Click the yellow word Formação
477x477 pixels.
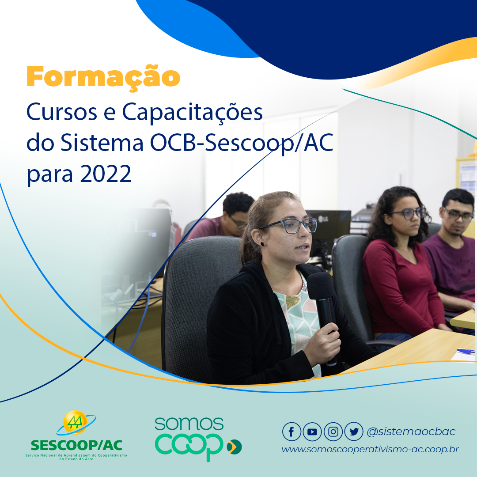coord(103,77)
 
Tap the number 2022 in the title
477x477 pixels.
coord(105,174)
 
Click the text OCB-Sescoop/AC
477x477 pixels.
coord(242,143)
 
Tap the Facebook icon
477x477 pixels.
coord(291,432)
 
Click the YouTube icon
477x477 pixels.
coord(312,432)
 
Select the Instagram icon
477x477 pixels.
coord(333,432)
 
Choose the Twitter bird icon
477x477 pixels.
coord(354,432)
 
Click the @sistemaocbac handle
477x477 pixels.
coord(411,432)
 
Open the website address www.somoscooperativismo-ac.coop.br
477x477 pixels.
coord(370,449)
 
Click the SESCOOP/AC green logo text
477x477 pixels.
coord(76,445)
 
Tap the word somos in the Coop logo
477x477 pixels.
coord(189,424)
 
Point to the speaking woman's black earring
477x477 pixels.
coord(262,244)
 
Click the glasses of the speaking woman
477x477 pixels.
coord(288,226)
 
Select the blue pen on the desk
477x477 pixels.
coord(466,352)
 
